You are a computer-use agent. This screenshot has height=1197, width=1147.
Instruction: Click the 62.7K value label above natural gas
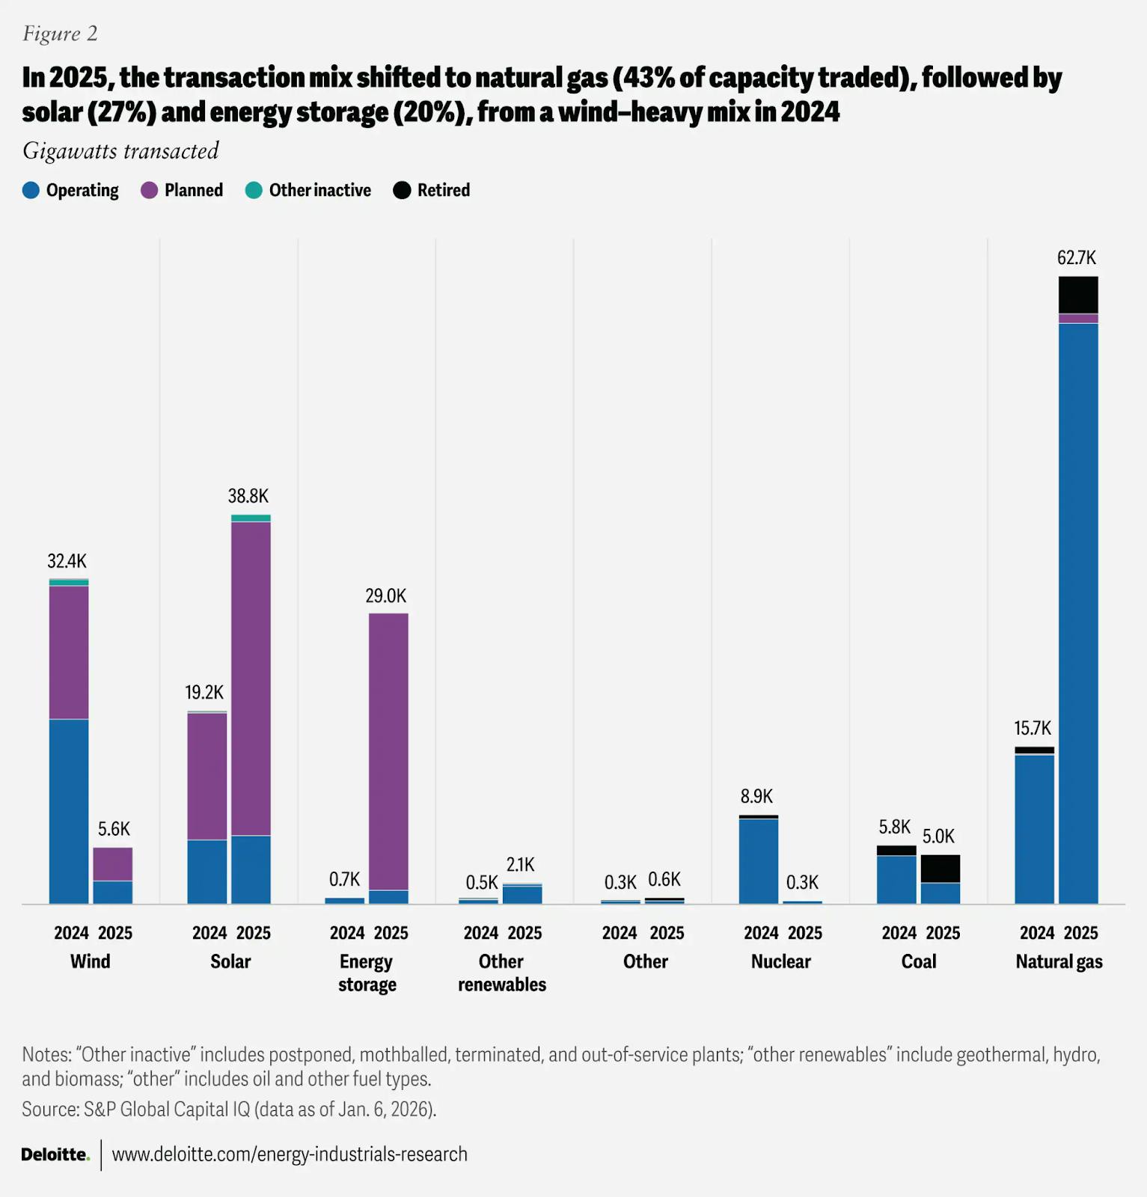pyautogui.click(x=1076, y=258)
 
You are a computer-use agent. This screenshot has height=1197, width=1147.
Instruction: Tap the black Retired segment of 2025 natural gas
pyautogui.click(x=1078, y=295)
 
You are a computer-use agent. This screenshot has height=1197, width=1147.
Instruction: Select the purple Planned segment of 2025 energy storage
pyautogui.click(x=388, y=751)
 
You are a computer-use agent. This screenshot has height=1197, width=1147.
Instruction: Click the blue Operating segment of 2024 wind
pyautogui.click(x=69, y=811)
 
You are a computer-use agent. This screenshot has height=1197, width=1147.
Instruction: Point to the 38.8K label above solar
pyautogui.click(x=248, y=496)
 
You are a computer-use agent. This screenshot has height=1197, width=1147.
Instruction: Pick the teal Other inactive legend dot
pyautogui.click(x=254, y=190)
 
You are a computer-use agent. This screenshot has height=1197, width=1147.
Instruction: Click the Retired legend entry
pyautogui.click(x=432, y=190)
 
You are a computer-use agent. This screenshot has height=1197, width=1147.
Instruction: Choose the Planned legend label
pyautogui.click(x=193, y=190)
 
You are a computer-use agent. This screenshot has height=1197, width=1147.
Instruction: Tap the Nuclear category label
pyautogui.click(x=780, y=961)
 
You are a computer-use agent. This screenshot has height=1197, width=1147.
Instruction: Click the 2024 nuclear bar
pyautogui.click(x=758, y=860)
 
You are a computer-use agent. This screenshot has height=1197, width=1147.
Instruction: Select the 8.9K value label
pyautogui.click(x=756, y=796)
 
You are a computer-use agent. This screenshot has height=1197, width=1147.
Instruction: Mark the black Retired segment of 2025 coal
pyautogui.click(x=940, y=869)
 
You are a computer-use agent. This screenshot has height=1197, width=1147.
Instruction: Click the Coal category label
pyautogui.click(x=918, y=961)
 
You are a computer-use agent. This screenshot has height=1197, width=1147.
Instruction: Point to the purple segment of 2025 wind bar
pyautogui.click(x=113, y=864)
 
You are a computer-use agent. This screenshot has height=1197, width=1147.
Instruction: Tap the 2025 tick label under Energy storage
pyautogui.click(x=391, y=933)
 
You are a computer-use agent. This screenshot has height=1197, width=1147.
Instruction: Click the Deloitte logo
pyautogui.click(x=55, y=1154)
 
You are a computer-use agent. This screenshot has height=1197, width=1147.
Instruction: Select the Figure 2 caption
pyautogui.click(x=60, y=34)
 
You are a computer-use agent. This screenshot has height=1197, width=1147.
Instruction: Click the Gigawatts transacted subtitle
pyautogui.click(x=120, y=151)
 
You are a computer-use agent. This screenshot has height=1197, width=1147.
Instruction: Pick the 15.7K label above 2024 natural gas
pyautogui.click(x=1033, y=728)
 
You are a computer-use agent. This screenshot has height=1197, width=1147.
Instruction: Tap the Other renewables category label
pyautogui.click(x=502, y=973)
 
